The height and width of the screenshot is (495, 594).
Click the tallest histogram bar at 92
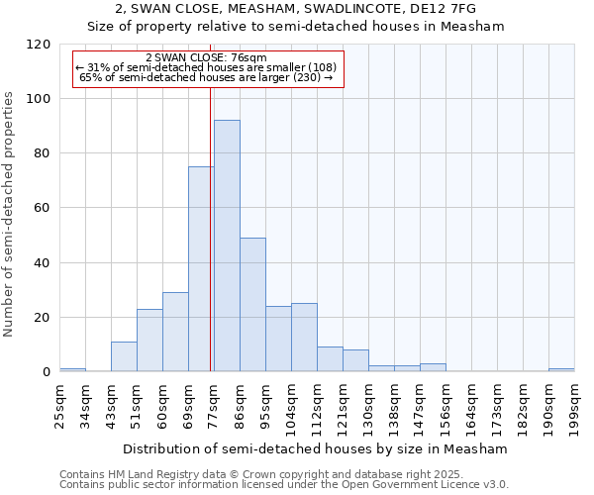pos(227,246)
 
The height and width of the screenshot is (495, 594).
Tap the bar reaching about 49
pos(252,305)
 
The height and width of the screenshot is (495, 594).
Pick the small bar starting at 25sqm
pos(72,369)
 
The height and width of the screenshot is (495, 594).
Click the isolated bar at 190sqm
pos(561,369)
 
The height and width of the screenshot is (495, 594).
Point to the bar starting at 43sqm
pos(124,356)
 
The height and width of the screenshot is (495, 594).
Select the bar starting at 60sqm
pos(175,332)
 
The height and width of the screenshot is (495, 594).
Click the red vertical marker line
pos(211,228)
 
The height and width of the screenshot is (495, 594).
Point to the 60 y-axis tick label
pos(43,208)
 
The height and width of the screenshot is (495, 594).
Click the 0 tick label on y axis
pos(47,372)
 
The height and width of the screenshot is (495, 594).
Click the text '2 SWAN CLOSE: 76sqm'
pos(206,58)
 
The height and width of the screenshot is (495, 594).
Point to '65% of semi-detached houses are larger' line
pos(206,77)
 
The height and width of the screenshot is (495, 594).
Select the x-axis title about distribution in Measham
pos(317,448)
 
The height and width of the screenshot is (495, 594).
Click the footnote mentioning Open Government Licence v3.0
pos(284,484)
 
